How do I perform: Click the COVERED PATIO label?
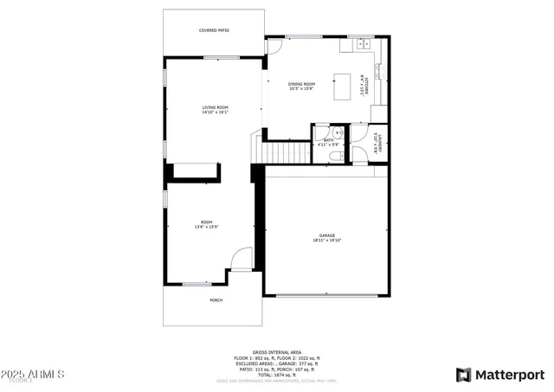[214, 30]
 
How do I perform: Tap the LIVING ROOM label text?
[214, 107]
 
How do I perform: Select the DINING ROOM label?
[300, 84]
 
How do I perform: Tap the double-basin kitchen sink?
[361, 42]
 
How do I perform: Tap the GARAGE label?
[326, 235]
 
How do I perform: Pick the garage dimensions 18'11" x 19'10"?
[326, 241]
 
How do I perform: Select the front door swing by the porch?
[242, 259]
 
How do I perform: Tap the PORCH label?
[216, 299]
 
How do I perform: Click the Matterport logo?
[500, 375]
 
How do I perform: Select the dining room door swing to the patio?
[274, 47]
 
